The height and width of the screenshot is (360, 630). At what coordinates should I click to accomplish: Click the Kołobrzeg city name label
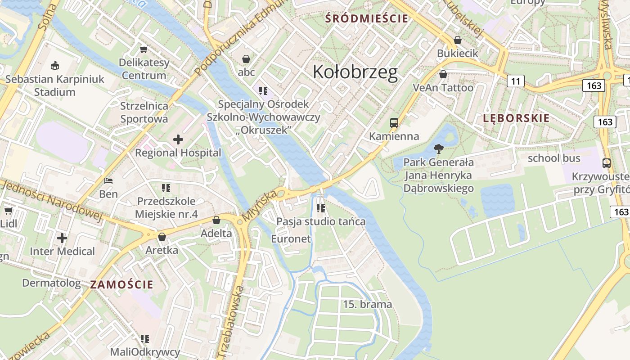[355, 72]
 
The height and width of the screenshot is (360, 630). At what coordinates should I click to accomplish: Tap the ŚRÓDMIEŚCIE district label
[367, 18]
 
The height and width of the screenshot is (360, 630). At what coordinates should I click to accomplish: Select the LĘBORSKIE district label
[516, 118]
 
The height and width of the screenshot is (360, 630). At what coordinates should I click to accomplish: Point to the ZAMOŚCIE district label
[121, 284]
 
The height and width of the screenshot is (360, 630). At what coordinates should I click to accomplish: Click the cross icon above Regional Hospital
[178, 139]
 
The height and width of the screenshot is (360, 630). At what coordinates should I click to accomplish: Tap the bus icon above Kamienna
[394, 122]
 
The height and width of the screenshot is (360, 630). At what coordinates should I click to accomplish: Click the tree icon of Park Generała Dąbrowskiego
[438, 148]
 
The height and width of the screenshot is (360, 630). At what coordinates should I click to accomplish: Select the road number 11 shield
[515, 81]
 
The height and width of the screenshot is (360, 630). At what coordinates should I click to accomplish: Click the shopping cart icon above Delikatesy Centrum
[144, 49]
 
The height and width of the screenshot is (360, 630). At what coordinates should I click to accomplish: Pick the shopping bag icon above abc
[246, 59]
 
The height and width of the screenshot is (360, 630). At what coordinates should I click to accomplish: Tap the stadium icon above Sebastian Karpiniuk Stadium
[55, 66]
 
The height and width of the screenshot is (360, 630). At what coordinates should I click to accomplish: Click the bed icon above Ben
[108, 181]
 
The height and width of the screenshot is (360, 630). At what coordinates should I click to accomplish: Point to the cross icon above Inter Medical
[62, 238]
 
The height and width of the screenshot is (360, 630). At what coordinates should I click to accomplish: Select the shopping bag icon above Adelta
[216, 220]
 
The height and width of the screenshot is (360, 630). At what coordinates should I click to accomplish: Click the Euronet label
[291, 239]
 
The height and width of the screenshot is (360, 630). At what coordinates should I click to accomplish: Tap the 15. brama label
[367, 304]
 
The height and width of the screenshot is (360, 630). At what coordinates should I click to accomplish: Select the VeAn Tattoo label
[443, 88]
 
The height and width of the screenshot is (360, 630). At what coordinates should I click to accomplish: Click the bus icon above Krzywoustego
[606, 163]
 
